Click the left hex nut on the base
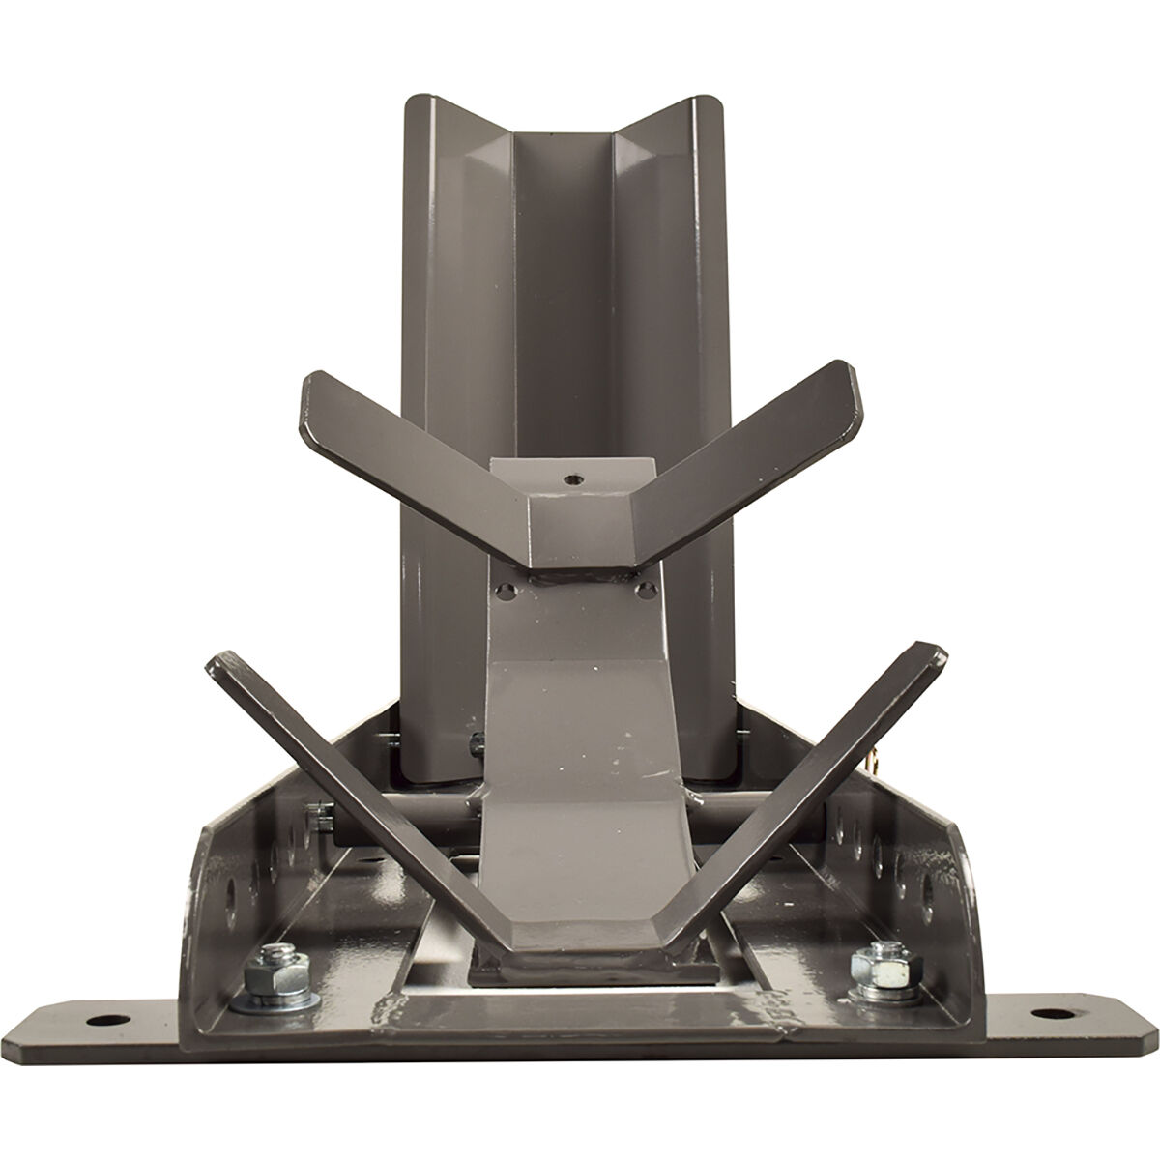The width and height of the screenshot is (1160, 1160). (262, 982)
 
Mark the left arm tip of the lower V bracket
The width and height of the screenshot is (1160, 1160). (220, 665)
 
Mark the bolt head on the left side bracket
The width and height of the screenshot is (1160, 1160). (313, 817)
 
